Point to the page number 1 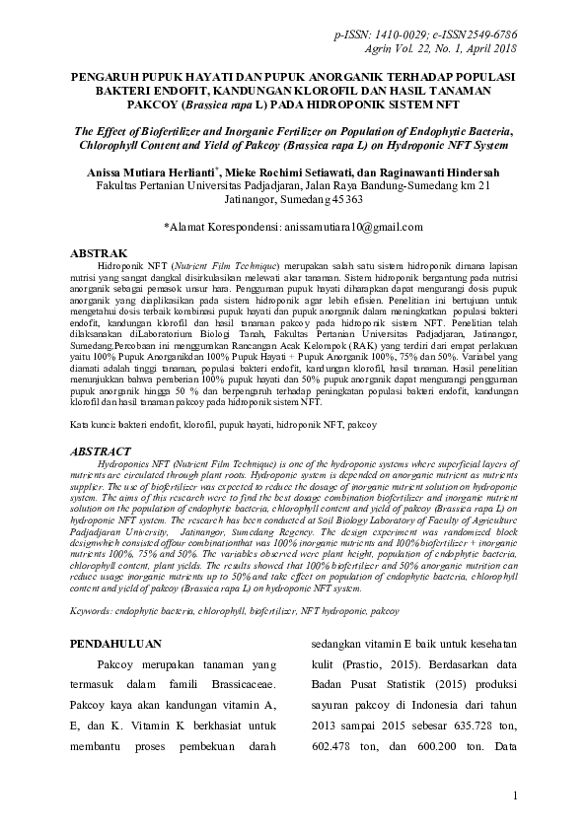(x=517, y=795)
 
